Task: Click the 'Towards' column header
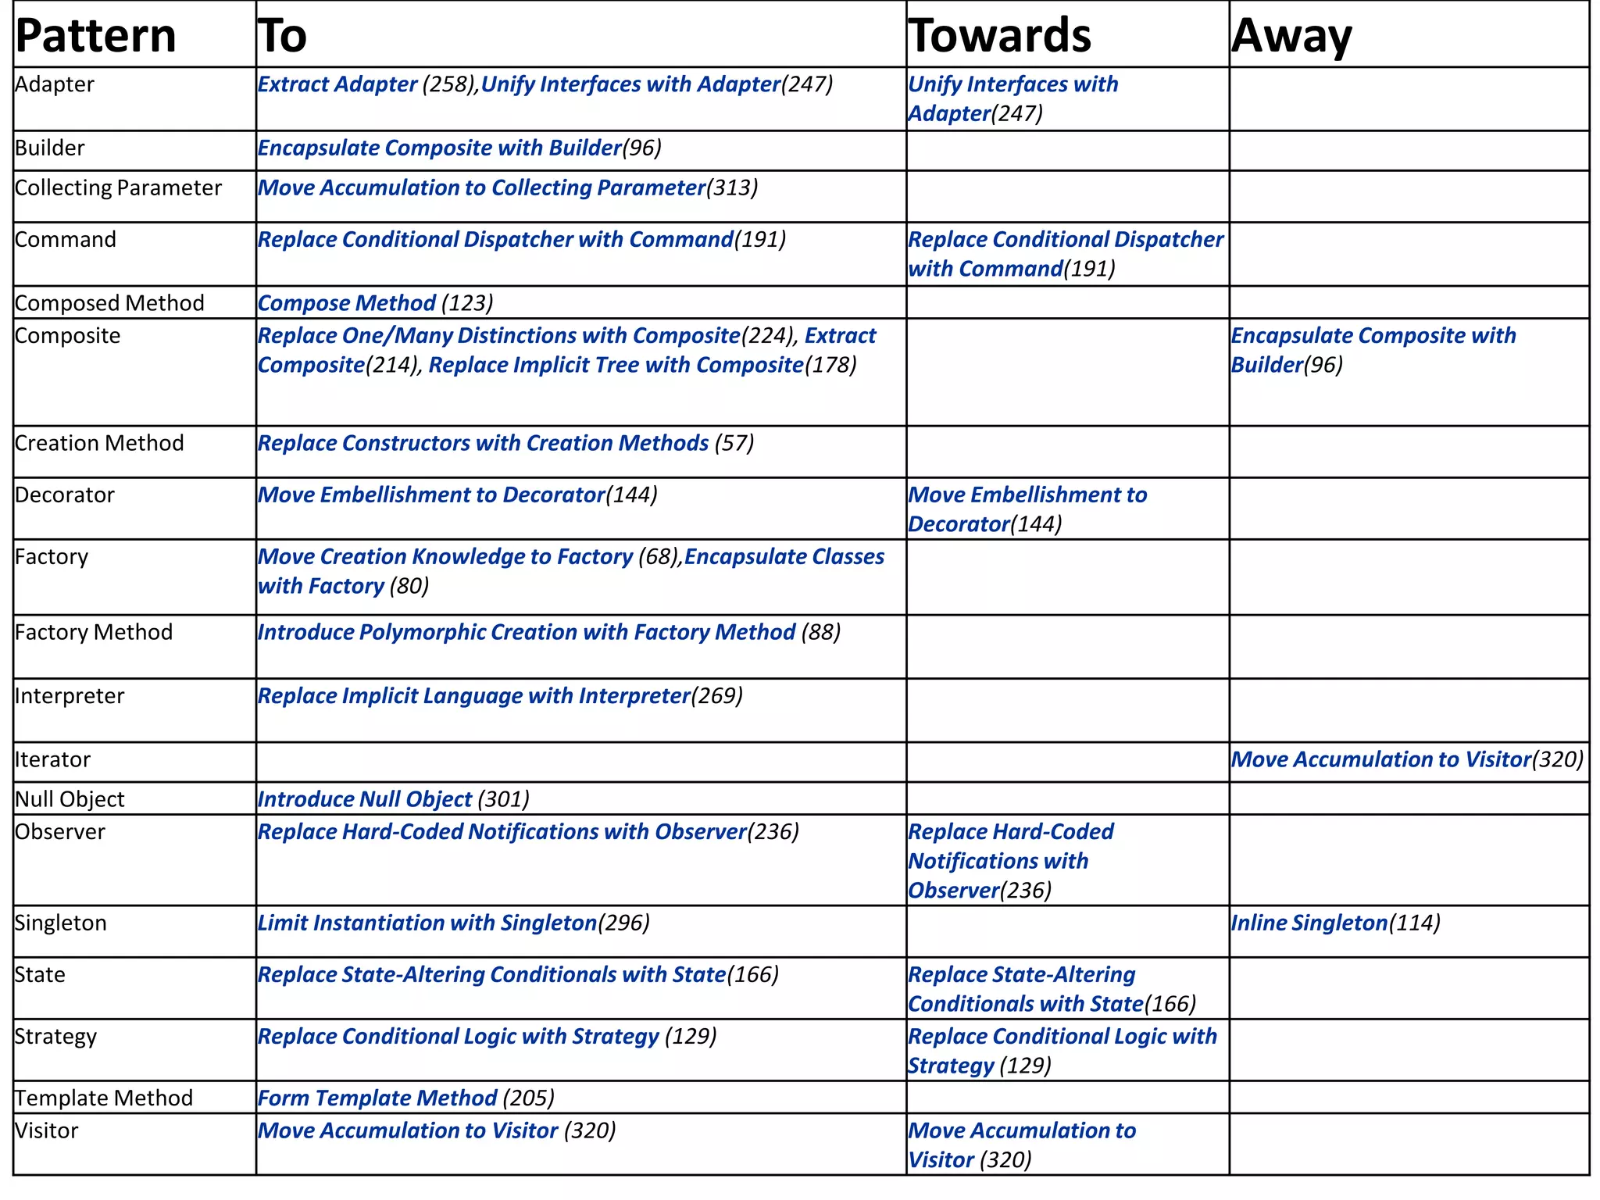[999, 36]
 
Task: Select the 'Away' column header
[1291, 36]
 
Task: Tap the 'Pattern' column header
[95, 36]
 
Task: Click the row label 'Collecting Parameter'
[118, 188]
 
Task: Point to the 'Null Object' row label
[70, 799]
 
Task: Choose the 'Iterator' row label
[52, 759]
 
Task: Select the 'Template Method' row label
[104, 1098]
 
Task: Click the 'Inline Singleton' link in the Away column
[1309, 923]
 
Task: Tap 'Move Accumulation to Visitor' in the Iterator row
[1380, 759]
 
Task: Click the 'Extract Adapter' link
[337, 84]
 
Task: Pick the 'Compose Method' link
[346, 303]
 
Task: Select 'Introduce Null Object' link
[365, 799]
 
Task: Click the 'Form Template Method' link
[377, 1098]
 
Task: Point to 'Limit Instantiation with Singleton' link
[427, 923]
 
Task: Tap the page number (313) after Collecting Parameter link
[732, 188]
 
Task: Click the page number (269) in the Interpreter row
[717, 695]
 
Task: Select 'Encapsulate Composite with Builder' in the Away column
[1373, 349]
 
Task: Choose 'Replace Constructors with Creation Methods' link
[483, 443]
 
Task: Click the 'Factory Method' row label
[94, 632]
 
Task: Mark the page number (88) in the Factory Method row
[821, 632]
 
